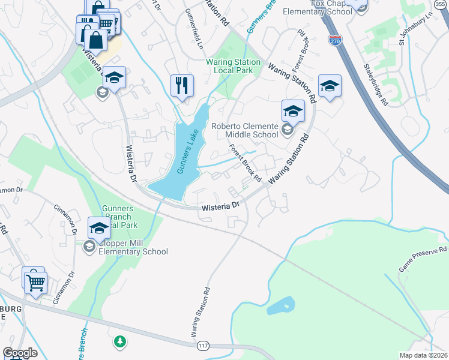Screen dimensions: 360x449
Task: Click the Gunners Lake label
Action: point(187,154)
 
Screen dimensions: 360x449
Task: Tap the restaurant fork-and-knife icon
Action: point(182,85)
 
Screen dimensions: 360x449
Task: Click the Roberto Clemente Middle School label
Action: point(244,130)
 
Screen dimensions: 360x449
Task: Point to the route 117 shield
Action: point(202,347)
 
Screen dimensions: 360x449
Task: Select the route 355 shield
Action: point(440,5)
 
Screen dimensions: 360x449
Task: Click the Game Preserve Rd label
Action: point(423,259)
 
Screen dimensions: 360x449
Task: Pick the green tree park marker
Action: point(121,341)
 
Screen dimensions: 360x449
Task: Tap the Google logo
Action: point(20,353)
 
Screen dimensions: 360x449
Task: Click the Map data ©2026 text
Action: point(423,355)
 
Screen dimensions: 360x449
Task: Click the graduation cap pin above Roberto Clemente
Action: point(292,111)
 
